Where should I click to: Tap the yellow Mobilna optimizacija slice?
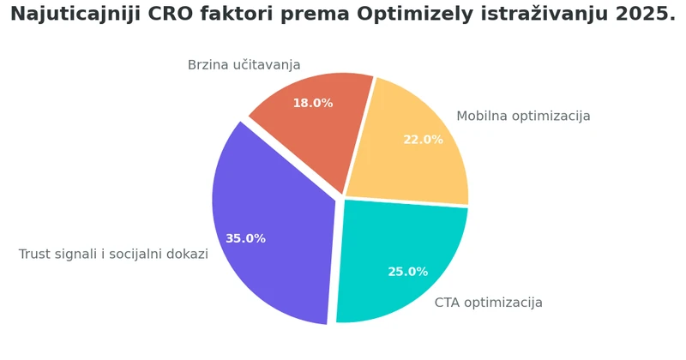pos(412,154)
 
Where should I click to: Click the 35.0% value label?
pos(245,238)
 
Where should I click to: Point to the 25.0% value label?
pos(407,272)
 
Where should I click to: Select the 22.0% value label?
pos(423,140)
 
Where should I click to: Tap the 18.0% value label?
pos(312,103)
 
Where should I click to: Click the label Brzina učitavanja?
pos(244,65)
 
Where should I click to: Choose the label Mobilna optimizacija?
pos(523,117)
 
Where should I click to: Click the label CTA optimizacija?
pos(488,303)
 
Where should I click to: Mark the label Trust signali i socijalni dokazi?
pos(113,255)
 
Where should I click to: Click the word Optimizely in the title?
pos(402,15)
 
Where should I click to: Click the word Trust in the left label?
pos(35,255)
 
